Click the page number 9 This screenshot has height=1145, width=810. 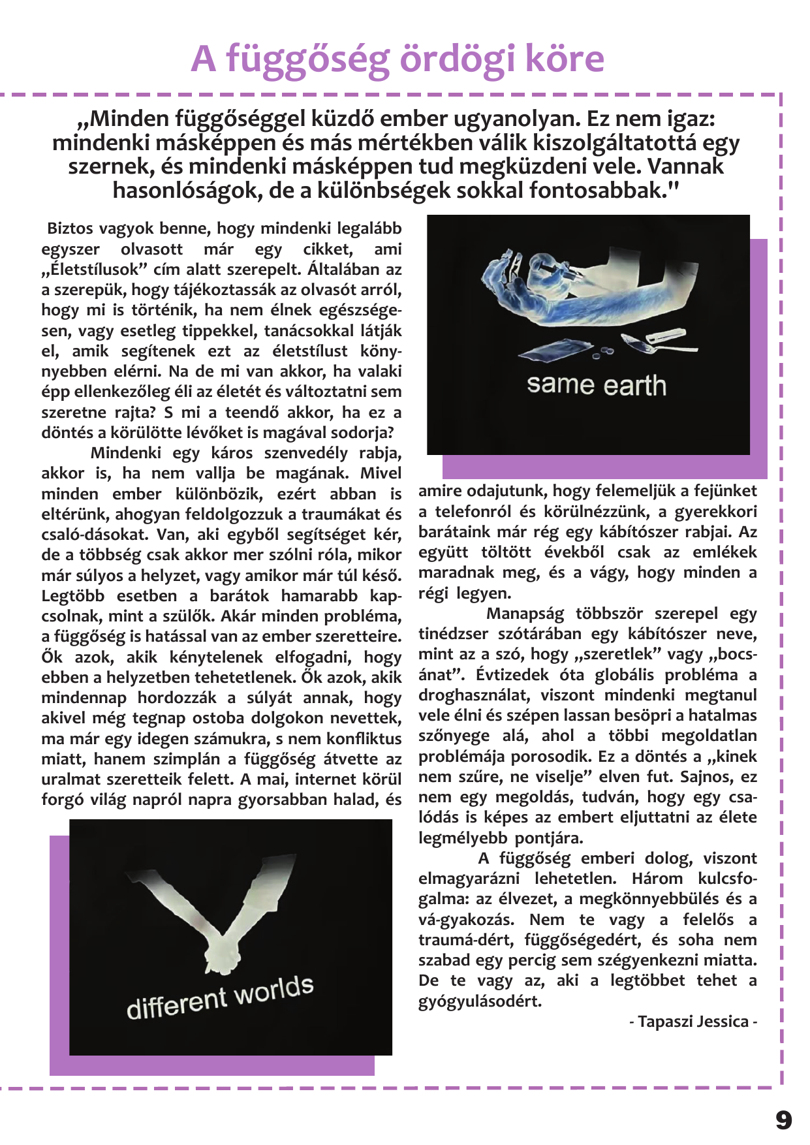coord(783,1120)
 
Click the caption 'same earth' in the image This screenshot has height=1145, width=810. coord(596,385)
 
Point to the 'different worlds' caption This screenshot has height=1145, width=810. coord(220,997)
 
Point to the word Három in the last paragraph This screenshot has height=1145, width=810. coord(657,879)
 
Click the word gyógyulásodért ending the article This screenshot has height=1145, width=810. coord(480,1001)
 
